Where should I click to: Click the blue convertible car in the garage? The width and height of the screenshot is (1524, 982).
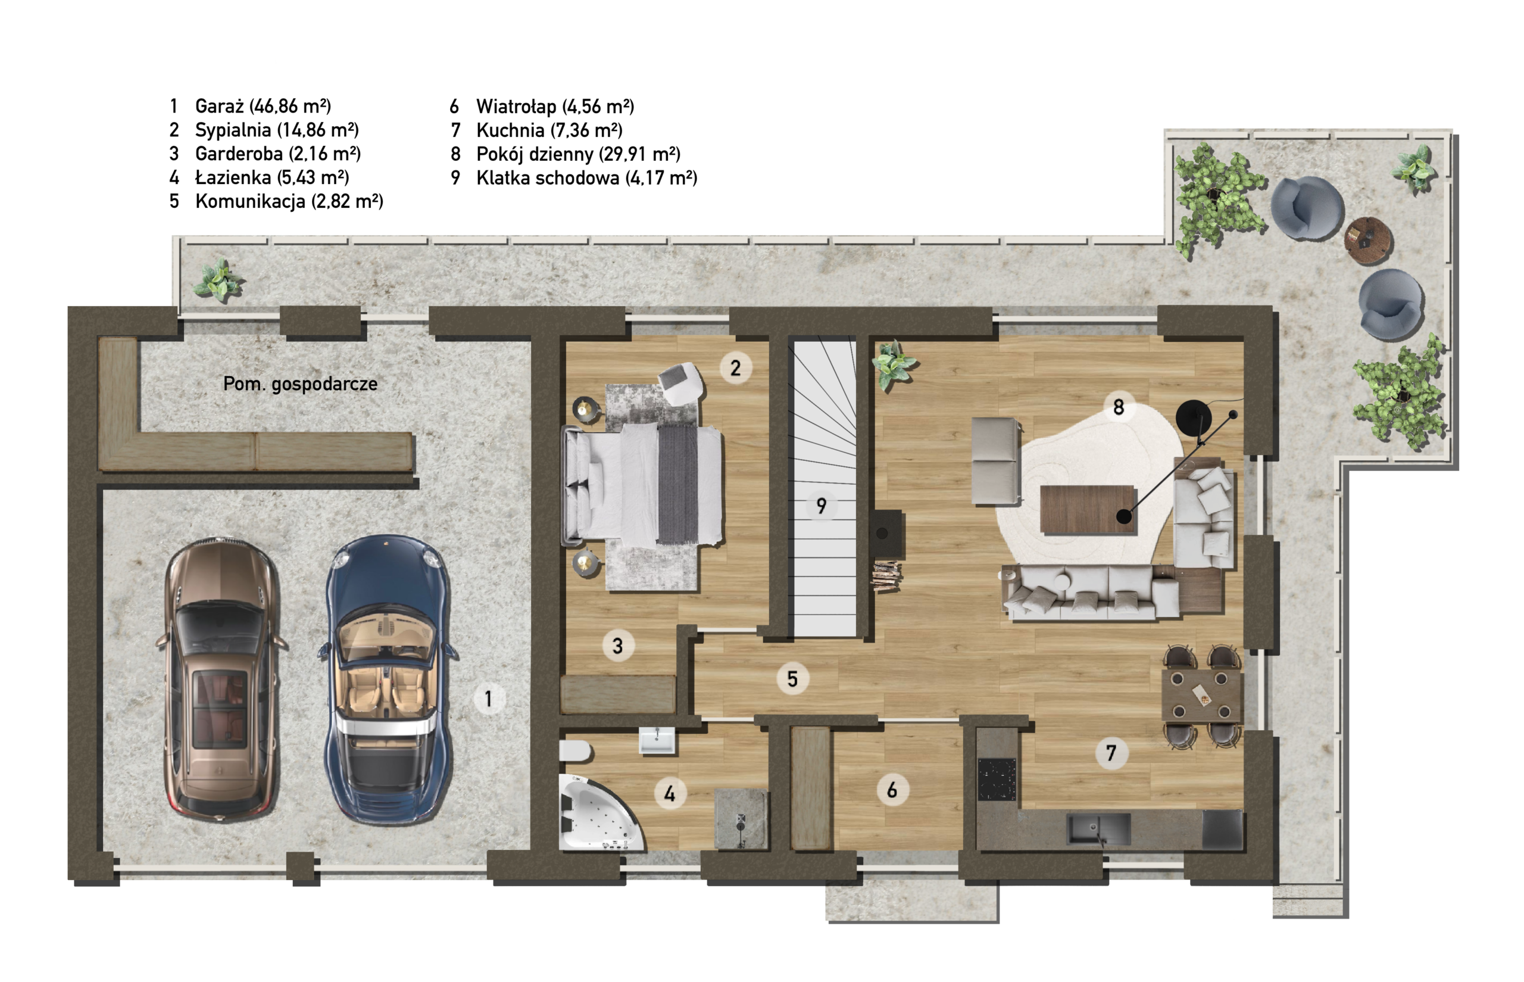388,679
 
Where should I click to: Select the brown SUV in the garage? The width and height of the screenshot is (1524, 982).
220,677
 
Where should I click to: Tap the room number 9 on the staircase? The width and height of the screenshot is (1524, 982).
821,506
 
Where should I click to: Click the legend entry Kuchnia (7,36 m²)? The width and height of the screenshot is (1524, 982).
549,130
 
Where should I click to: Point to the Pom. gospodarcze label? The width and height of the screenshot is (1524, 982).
300,384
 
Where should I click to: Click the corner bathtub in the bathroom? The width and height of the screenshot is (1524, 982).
599,813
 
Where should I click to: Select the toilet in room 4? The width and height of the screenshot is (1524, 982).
576,751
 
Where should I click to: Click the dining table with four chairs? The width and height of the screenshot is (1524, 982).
1202,695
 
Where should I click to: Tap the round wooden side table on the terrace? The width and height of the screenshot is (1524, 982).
1368,241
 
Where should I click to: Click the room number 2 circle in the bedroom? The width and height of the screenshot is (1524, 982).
736,368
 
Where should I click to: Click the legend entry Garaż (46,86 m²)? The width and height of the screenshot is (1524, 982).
263,106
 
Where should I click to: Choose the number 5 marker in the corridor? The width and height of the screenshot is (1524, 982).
792,678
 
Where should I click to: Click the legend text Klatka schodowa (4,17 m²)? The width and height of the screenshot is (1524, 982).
587,178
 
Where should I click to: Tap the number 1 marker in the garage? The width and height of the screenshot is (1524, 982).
489,699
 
